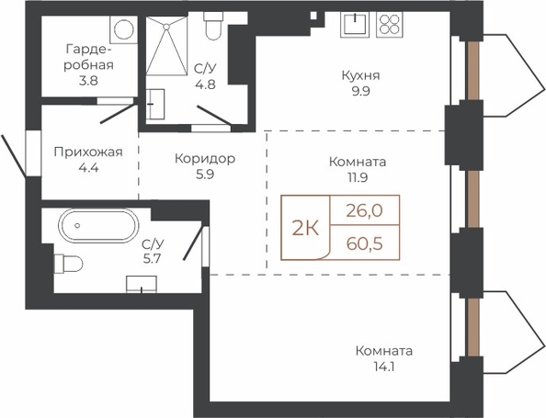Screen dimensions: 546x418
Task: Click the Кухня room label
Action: coord(360,76)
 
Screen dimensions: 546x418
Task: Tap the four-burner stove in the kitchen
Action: coord(390,25)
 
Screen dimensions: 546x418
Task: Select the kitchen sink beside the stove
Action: coord(355,25)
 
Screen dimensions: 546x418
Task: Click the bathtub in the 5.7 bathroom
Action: coord(98,226)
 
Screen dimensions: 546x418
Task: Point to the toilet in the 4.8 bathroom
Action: coord(212,26)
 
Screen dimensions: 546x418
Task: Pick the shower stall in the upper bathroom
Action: coord(166,45)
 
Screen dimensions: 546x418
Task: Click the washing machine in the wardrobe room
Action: coord(123,29)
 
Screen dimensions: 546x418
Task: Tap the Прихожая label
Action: coord(88,153)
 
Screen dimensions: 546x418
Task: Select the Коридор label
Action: coord(205,159)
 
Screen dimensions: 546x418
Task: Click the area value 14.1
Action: coord(384,367)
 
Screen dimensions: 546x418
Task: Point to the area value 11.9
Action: coord(358,177)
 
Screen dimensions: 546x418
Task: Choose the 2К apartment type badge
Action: coord(305,229)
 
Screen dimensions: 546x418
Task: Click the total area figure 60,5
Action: coord(365,243)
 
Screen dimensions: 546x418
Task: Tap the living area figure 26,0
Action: coord(365,210)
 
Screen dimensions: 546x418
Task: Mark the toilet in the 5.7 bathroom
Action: coord(69,264)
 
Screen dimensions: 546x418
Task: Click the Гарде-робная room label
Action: coord(88,57)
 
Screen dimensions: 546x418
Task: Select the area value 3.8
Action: coord(88,81)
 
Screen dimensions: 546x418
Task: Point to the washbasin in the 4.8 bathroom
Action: coord(155,105)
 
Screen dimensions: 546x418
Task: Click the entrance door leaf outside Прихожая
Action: coord(13,155)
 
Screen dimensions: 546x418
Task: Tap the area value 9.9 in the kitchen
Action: coord(360,92)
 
